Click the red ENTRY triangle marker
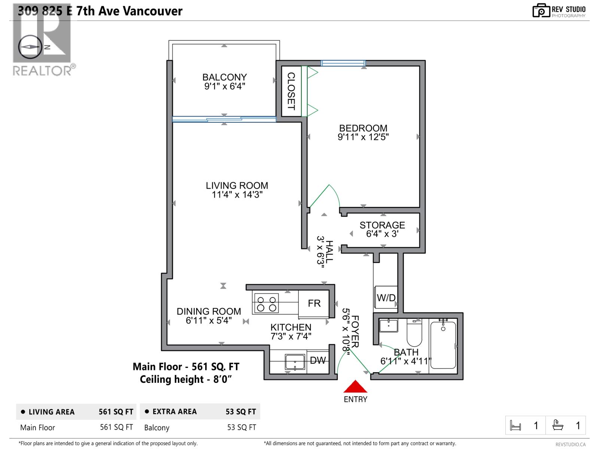(x=355, y=387)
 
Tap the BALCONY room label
(x=225, y=77)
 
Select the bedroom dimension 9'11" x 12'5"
(x=363, y=137)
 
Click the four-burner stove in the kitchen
(x=266, y=303)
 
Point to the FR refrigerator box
(x=314, y=303)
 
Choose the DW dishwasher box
(x=318, y=361)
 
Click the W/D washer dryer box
(x=386, y=298)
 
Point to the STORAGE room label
(x=382, y=225)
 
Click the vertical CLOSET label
(x=291, y=91)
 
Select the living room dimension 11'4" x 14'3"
(x=237, y=195)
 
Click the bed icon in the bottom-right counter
(x=516, y=425)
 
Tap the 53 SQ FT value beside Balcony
(x=241, y=427)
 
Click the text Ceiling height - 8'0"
(x=186, y=379)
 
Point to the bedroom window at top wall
(x=343, y=63)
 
